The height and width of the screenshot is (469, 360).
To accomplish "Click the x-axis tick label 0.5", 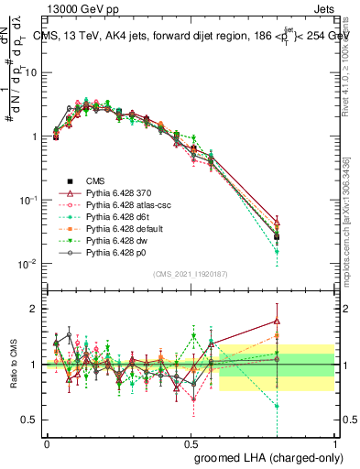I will [191, 442].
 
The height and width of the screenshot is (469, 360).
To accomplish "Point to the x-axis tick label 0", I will [47, 442].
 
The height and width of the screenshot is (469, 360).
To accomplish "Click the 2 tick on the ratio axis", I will [34, 309].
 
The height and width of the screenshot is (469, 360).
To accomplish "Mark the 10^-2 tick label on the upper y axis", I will [27, 264].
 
